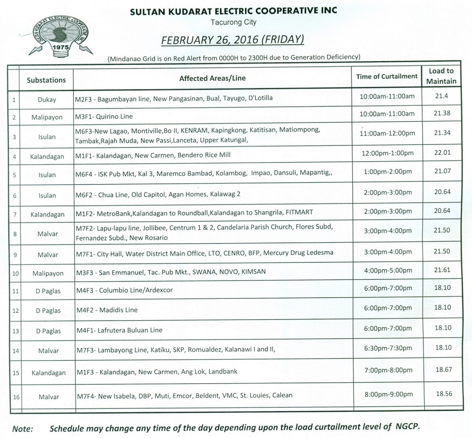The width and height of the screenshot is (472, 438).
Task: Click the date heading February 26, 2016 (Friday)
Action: tap(232, 41)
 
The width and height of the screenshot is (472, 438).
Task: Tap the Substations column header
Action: tap(46, 80)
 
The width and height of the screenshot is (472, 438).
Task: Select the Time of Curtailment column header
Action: tap(387, 76)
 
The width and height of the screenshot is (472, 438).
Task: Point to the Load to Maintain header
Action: tap(441, 76)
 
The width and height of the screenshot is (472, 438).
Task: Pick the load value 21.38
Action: tap(441, 113)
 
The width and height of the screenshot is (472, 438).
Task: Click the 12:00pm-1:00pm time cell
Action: tap(387, 155)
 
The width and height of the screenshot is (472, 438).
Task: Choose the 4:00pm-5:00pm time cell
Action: tap(387, 271)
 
